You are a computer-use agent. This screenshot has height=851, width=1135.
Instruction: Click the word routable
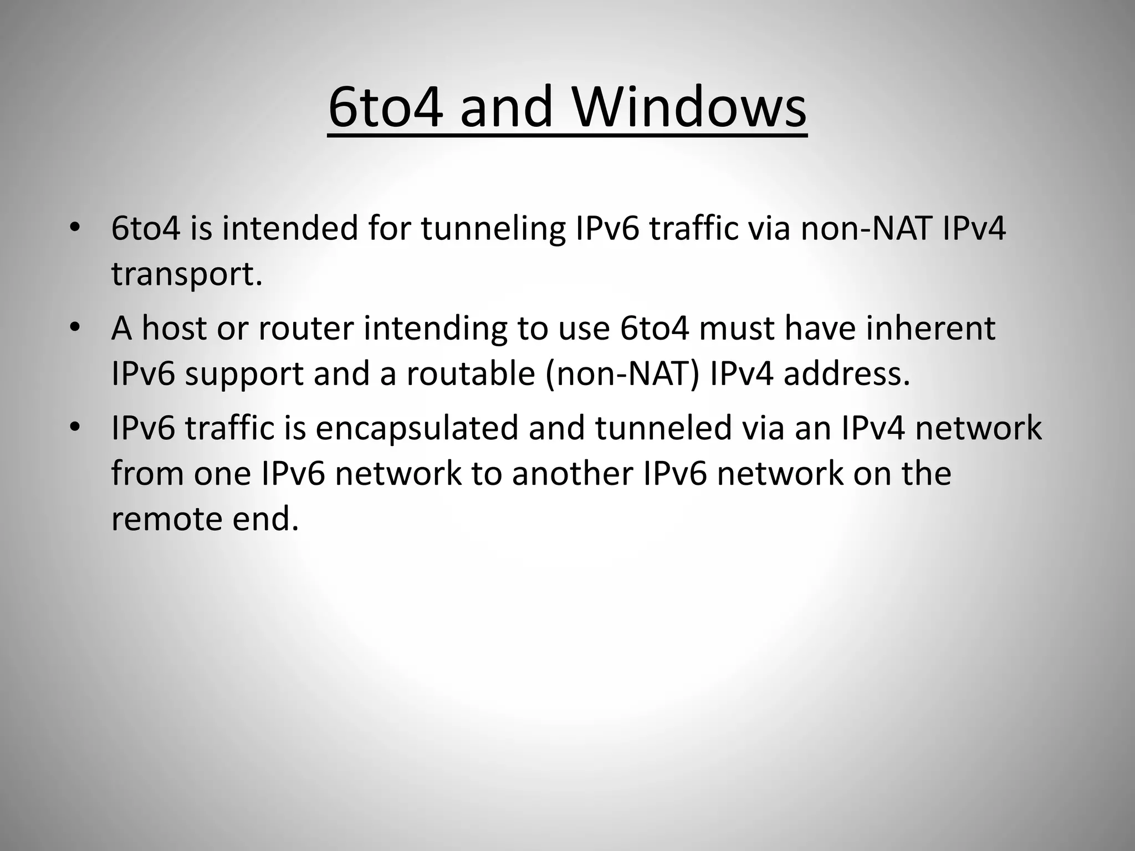coord(471,374)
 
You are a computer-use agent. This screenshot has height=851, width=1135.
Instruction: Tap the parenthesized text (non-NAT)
coord(622,374)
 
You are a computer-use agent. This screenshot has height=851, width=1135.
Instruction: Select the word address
coord(846,374)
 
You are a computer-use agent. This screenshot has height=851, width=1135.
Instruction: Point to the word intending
coord(435,329)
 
